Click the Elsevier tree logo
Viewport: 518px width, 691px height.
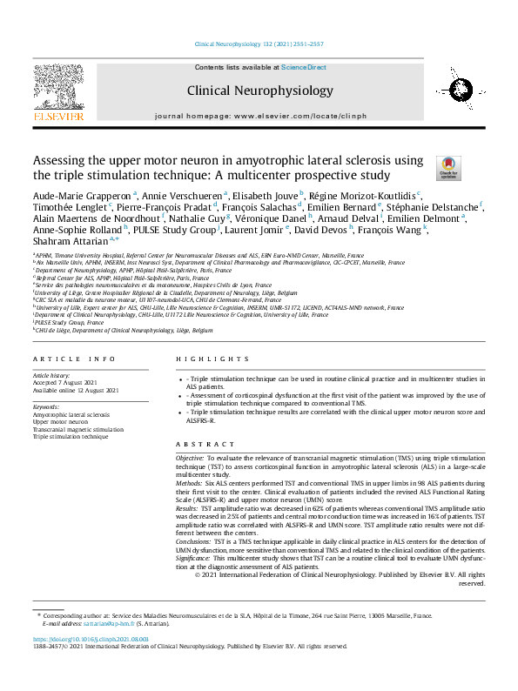57,86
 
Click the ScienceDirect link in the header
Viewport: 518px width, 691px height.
303,67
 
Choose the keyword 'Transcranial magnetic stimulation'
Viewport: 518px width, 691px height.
78,429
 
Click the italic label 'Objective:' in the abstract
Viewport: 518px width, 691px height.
191,457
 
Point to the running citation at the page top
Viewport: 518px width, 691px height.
258,43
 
